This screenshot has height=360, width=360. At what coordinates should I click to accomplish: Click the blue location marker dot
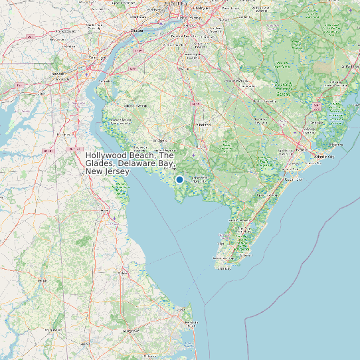(x=179, y=179)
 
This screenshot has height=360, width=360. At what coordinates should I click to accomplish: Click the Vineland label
(x=203, y=124)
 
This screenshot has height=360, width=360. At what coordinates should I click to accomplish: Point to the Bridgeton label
(x=160, y=141)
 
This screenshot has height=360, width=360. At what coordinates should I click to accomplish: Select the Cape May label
(x=223, y=269)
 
